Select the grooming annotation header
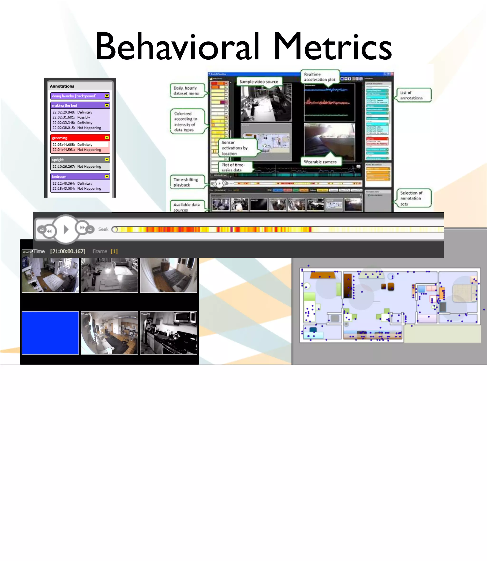[80, 138]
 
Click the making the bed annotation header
[80, 105]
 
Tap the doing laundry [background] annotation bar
[80, 96]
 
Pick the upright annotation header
[80, 160]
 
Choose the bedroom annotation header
[80, 176]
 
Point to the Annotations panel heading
[62, 86]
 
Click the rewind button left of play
[49, 231]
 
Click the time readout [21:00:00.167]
[68, 251]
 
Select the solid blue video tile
[50, 333]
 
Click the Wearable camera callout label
[320, 162]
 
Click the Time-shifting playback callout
[186, 182]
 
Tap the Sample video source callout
[259, 81]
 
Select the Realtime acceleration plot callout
[320, 77]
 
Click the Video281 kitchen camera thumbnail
[169, 333]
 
